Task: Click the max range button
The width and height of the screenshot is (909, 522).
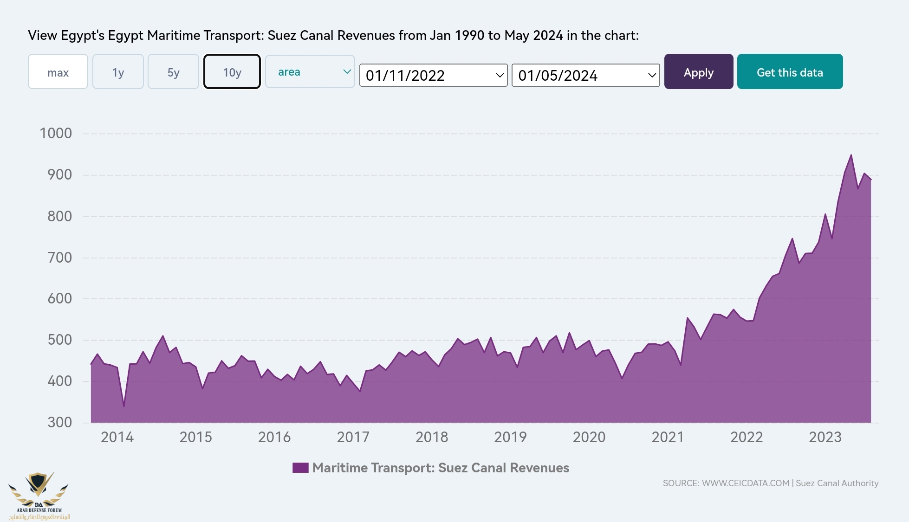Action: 58,72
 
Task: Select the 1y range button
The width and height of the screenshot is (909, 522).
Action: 118,72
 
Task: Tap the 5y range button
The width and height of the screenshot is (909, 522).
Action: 173,72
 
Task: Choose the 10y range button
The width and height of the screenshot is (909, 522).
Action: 232,72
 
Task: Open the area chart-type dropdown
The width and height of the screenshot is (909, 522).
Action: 310,72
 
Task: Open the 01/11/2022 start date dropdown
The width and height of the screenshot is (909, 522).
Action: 433,75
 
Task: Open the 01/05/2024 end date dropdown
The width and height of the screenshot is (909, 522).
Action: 585,75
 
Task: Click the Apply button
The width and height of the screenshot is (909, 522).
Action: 698,72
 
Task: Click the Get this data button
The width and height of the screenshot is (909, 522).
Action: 790,72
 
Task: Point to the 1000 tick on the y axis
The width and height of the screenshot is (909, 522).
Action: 56,134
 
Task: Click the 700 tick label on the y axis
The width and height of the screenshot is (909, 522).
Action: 59,258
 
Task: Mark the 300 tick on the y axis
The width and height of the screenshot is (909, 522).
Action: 59,422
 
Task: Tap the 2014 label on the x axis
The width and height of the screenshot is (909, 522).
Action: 117,437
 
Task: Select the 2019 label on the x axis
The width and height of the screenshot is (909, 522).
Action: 510,437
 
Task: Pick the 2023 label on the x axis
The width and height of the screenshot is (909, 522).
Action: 825,437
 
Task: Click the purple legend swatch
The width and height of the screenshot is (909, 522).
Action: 300,468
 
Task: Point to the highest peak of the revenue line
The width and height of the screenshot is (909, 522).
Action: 851,155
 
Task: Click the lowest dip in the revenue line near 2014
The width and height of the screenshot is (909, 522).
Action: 124,406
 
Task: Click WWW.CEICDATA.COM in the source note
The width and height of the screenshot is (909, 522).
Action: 745,483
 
